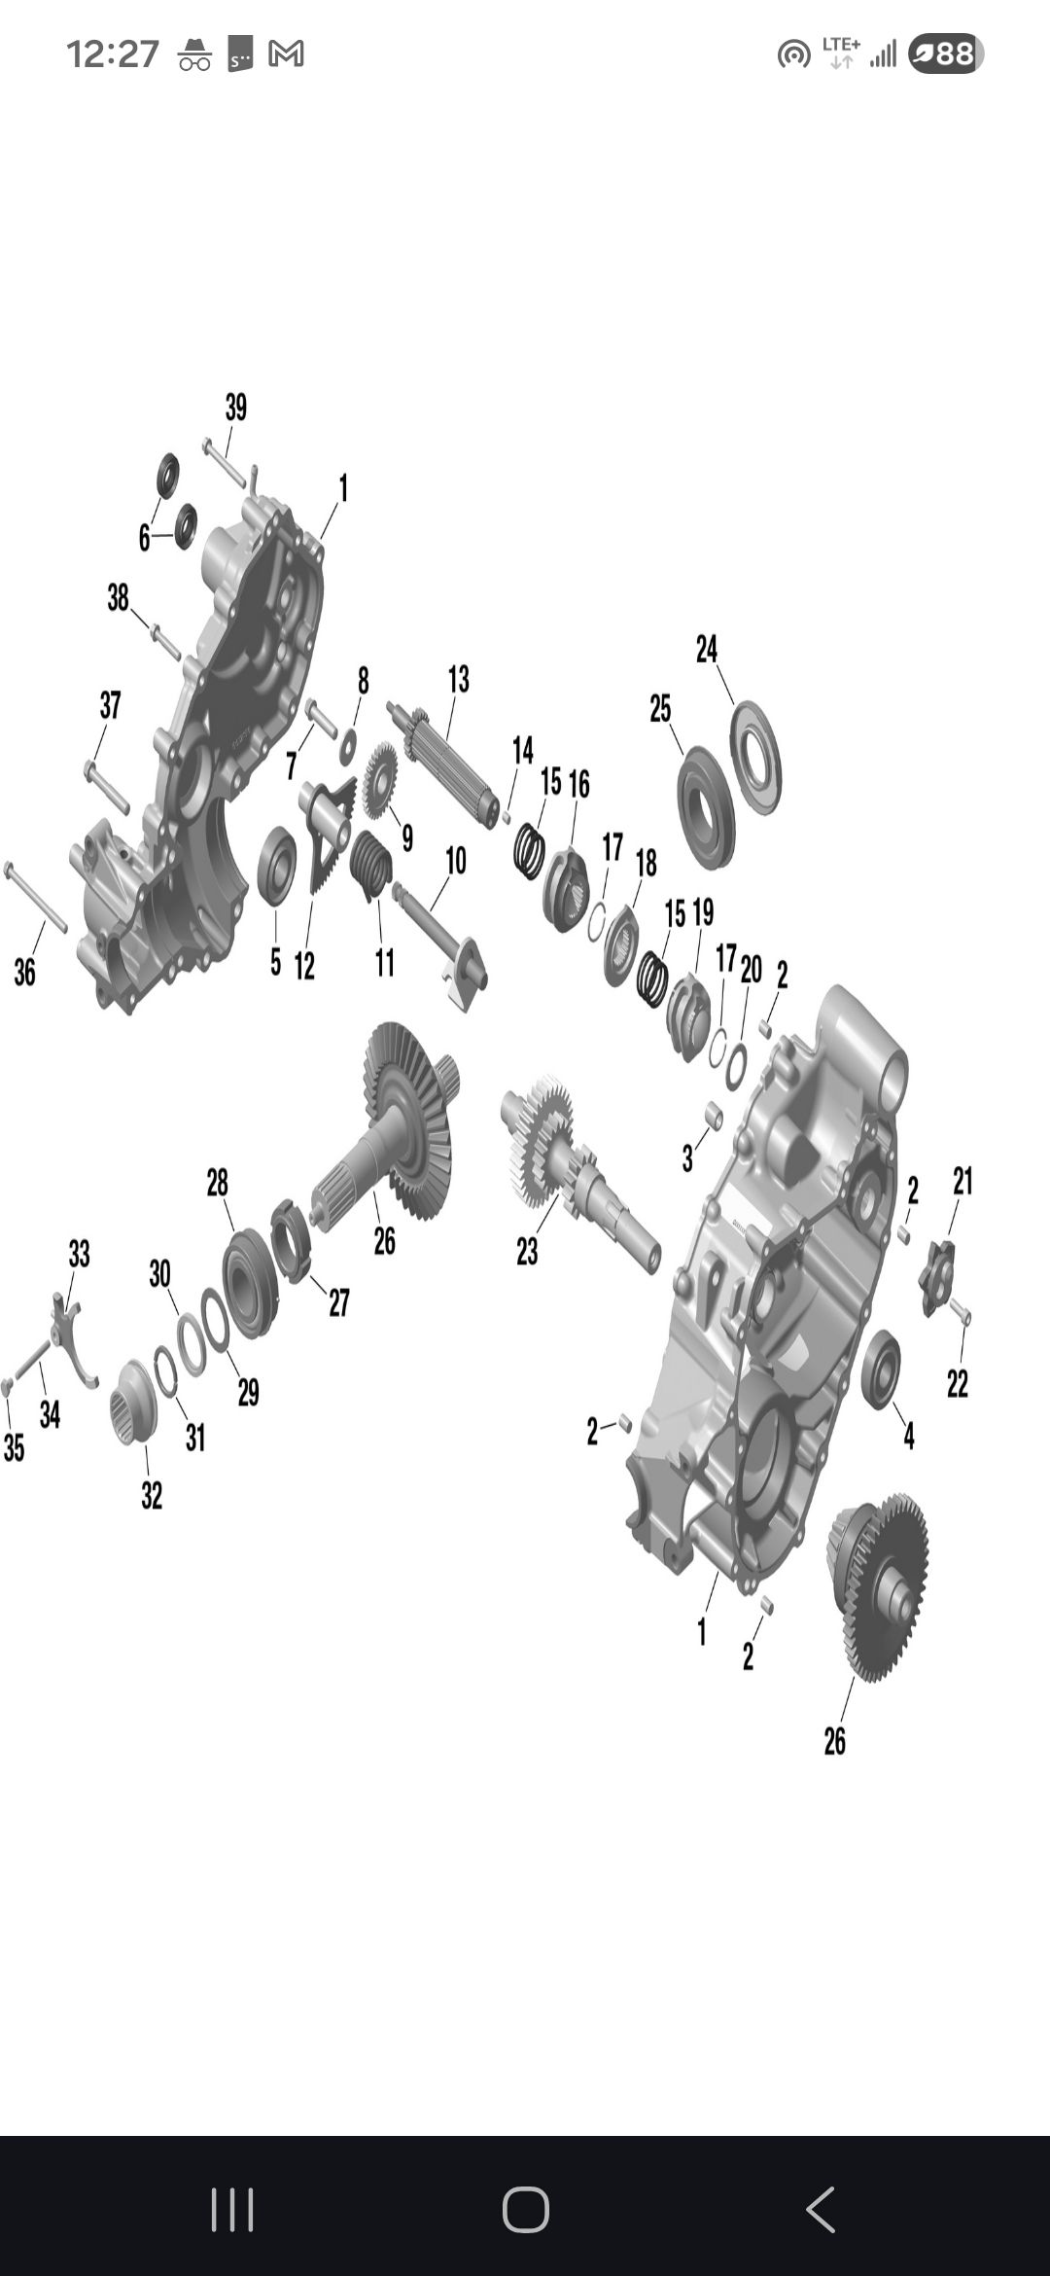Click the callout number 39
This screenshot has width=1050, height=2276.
click(236, 408)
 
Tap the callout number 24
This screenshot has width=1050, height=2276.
click(707, 649)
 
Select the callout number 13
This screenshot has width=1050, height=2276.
click(459, 679)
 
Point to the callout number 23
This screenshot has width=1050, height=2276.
click(527, 1252)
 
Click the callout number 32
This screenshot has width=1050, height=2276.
click(152, 1495)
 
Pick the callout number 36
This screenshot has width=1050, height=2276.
click(24, 972)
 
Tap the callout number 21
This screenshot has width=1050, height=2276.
click(962, 1182)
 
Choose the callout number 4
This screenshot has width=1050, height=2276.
click(909, 1435)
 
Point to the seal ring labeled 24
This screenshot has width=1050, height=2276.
click(755, 758)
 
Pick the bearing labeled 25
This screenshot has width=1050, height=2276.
click(706, 807)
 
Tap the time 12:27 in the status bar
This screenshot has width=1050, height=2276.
click(113, 54)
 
